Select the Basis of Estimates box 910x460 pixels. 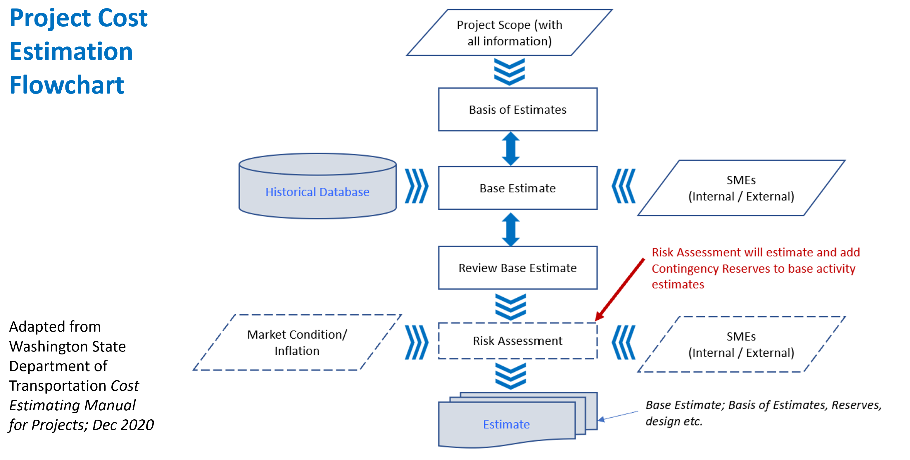pos(517,110)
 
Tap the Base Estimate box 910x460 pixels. pos(517,188)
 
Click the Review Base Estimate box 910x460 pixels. pos(517,268)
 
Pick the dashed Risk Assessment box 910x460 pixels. pos(517,341)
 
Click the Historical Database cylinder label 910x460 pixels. pos(317,192)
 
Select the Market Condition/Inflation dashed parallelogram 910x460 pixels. pos(297,342)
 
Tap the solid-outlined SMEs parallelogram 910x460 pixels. pos(741,188)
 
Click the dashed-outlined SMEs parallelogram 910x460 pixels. pos(741,344)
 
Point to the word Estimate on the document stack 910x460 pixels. pos(506,424)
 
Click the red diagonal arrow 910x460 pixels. pos(620,290)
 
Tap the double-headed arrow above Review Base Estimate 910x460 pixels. pos(511,229)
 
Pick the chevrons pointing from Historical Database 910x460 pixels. pos(417,186)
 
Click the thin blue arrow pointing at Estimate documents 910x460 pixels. pos(618,416)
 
